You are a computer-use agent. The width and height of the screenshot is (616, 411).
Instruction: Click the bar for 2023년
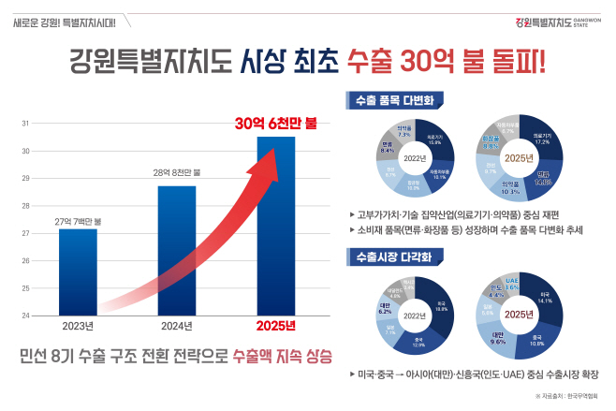click(x=78, y=272)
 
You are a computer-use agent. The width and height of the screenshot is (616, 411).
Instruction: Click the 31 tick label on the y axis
click(x=24, y=123)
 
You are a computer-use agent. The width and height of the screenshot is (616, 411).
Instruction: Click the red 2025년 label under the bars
click(x=275, y=326)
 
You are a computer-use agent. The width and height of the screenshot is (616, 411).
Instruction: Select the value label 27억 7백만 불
click(x=78, y=220)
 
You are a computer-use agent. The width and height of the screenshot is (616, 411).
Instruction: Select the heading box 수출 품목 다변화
click(x=387, y=97)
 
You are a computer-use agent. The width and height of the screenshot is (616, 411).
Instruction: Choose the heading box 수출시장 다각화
click(x=387, y=255)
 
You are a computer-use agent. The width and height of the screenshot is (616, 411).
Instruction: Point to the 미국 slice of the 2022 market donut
click(x=440, y=306)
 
